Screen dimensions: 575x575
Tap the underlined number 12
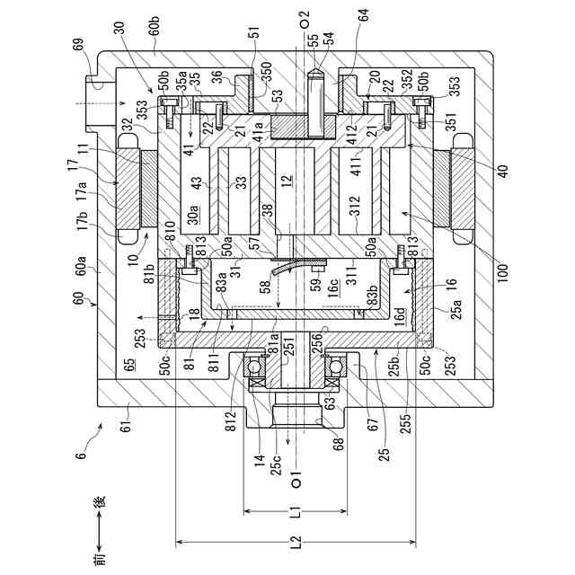pos(287,183)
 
